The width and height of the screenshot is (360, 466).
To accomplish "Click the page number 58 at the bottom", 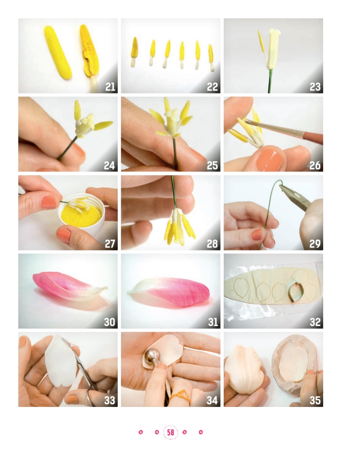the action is pos(170,432).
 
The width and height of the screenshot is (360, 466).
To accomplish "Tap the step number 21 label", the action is pos(110,87).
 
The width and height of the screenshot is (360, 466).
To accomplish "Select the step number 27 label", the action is pos(110,244).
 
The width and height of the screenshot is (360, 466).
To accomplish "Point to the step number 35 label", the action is pos(315,400).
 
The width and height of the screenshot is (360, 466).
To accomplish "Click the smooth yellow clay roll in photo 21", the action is pos(58,52).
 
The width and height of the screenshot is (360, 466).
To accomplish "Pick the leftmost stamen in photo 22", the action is pos(134,52).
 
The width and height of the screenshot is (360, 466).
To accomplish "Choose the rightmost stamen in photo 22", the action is pos(211,58).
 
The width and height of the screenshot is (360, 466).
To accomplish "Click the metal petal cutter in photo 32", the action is pos(295,292).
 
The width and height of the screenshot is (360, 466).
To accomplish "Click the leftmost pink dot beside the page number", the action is pos(141,432).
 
